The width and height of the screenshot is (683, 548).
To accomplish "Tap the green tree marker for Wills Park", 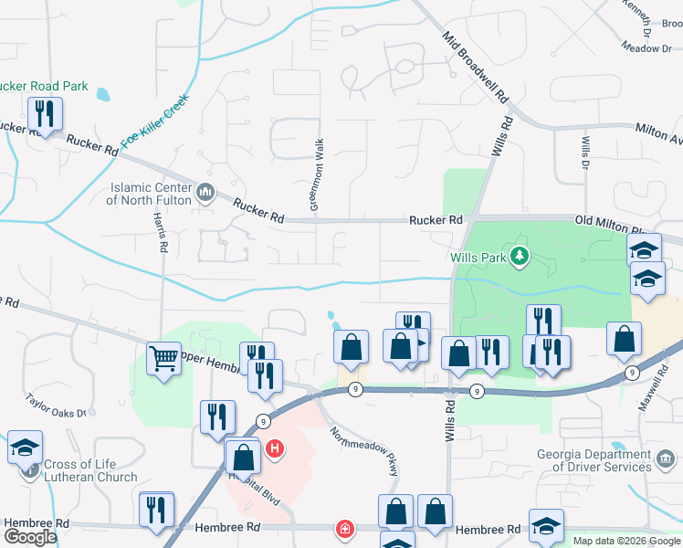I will pos(520,255).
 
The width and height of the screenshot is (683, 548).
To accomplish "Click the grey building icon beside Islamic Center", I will pos(205,193).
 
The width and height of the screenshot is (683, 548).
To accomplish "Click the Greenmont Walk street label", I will pos(317,176).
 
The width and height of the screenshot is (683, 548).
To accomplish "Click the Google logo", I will pos(30,536).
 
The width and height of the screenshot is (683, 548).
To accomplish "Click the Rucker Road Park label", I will pos(43,87).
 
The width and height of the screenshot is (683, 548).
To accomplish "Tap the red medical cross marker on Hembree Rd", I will pos(345,529).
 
